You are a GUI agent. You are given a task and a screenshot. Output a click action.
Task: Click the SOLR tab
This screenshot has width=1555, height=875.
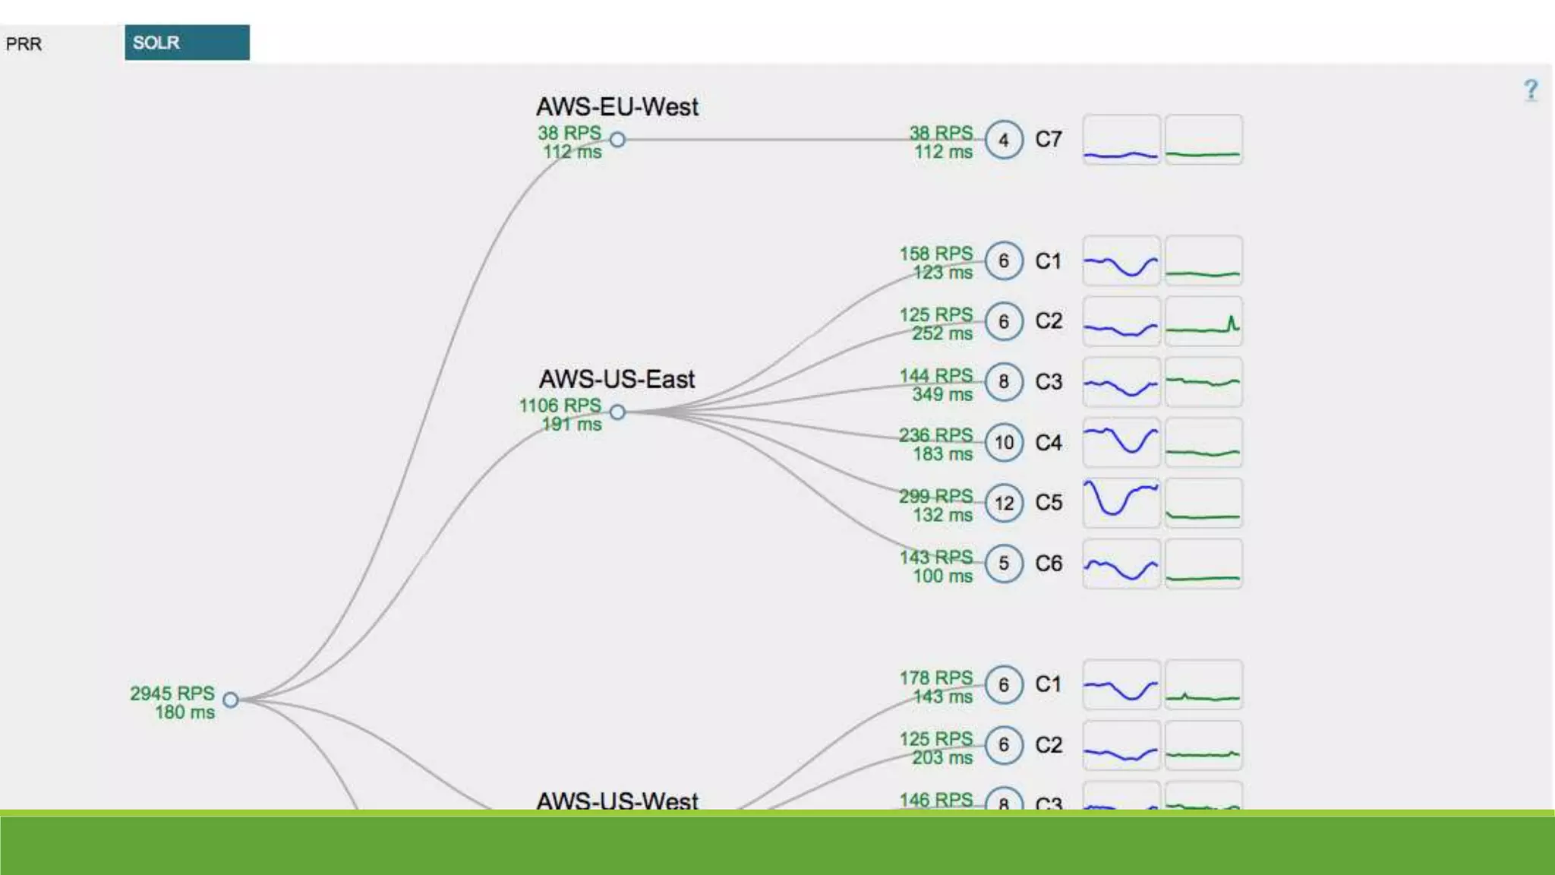(x=186, y=43)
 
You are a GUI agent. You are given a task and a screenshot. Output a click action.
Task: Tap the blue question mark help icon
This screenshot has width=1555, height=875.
(x=1531, y=90)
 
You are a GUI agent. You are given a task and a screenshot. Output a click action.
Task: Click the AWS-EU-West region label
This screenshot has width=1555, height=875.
(x=617, y=107)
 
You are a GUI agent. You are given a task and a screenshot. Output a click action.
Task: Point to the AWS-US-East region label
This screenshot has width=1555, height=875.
(x=617, y=379)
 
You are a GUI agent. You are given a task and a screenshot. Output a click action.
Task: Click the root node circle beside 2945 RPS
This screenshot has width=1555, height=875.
(x=231, y=700)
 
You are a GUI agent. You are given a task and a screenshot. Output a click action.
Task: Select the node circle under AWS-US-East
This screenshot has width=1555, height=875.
(x=618, y=412)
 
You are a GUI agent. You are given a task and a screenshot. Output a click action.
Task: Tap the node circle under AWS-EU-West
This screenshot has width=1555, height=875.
(x=618, y=140)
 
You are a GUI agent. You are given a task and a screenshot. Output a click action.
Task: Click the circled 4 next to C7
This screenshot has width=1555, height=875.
(x=1004, y=140)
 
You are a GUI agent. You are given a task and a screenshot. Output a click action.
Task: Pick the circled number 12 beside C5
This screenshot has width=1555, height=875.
(x=1004, y=503)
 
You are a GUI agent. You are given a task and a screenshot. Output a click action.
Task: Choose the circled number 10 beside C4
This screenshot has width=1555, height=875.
(x=1004, y=442)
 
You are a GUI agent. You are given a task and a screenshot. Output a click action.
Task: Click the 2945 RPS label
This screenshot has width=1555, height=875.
(x=172, y=693)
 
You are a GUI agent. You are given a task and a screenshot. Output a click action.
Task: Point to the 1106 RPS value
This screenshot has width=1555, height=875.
(x=560, y=406)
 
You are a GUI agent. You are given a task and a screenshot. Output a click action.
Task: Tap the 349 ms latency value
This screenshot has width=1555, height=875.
(x=942, y=394)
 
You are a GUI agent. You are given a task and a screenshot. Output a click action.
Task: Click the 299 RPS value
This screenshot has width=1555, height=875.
(x=936, y=496)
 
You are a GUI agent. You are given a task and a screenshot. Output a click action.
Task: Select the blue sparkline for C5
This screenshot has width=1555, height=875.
(x=1121, y=502)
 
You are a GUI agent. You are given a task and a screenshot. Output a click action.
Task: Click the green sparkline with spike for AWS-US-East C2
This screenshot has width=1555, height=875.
(x=1203, y=321)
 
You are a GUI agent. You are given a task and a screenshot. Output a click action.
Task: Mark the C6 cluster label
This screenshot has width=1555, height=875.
(x=1049, y=564)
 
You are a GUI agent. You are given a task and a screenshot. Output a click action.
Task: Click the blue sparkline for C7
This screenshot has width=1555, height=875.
(x=1121, y=140)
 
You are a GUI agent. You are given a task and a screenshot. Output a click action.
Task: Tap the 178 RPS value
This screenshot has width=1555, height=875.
(x=936, y=678)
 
